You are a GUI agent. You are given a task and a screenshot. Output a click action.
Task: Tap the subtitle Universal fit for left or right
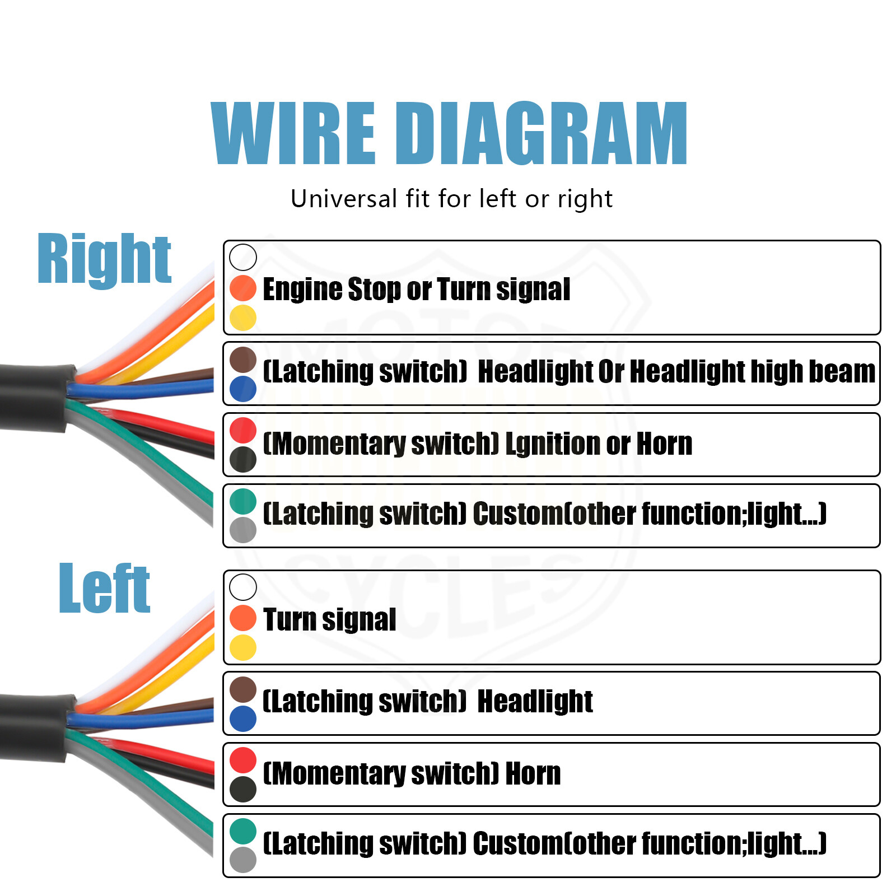point(451,199)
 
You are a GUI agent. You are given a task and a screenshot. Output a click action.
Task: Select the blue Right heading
point(104,259)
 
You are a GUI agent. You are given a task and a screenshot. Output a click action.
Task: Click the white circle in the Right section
point(243,257)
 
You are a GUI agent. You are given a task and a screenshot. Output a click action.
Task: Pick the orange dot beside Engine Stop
point(243,288)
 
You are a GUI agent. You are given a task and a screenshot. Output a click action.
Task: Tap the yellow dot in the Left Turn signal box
point(243,647)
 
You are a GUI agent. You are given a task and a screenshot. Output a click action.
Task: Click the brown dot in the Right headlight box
point(243,360)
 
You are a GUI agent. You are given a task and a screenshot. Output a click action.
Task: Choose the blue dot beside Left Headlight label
point(243,718)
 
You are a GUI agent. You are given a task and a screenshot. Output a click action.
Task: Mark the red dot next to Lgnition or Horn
point(243,430)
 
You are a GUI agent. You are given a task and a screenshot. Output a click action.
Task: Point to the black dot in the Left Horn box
point(243,789)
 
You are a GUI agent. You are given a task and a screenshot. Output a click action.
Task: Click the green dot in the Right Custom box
point(243,501)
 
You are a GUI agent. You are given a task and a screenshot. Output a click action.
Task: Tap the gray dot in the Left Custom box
point(243,860)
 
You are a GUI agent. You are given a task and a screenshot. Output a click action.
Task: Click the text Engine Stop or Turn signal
point(417,290)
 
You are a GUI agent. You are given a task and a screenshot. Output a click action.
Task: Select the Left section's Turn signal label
point(329,620)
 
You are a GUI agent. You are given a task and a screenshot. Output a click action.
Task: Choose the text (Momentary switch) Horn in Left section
point(412,774)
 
